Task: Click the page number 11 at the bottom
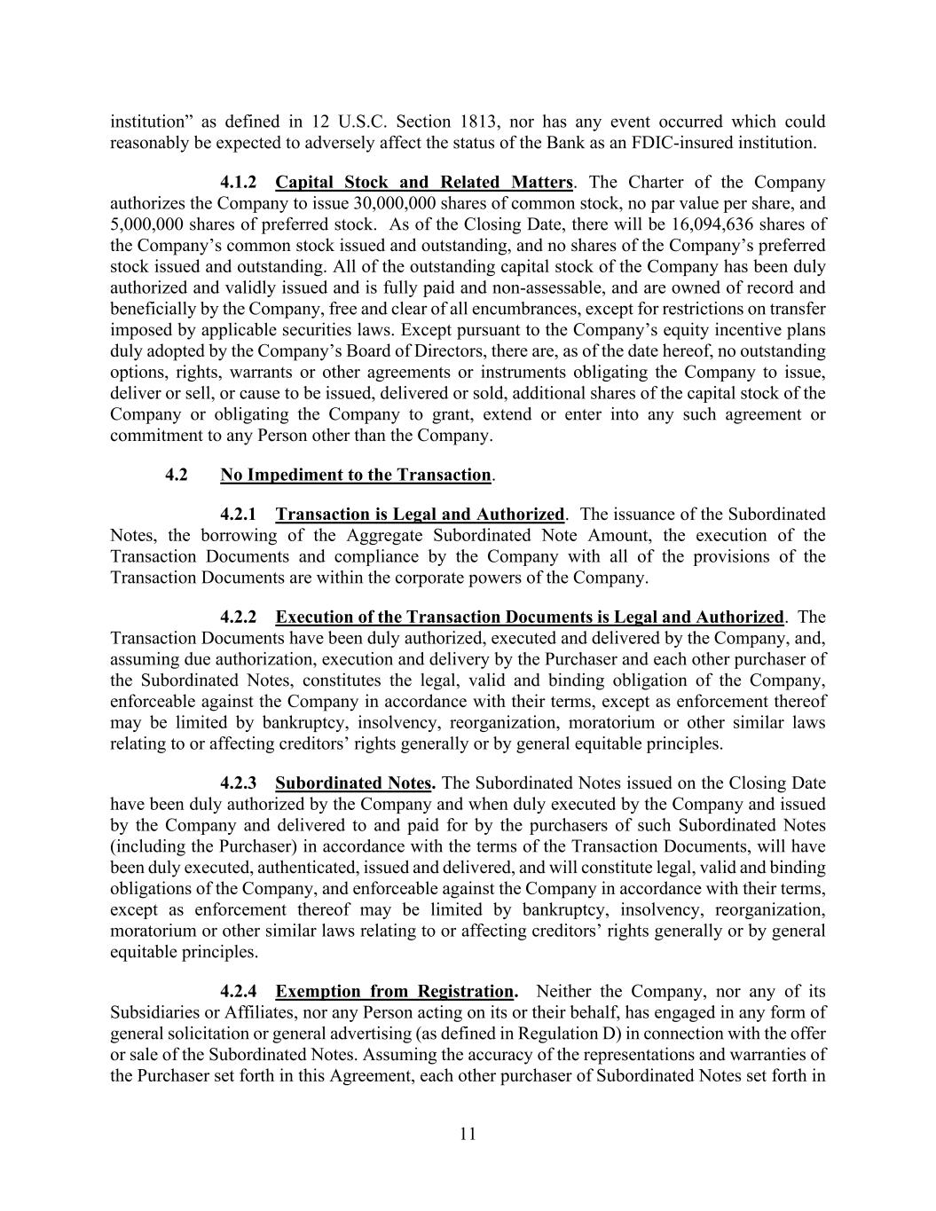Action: (468, 1134)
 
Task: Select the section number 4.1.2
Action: (238, 183)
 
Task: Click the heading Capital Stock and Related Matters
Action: (424, 183)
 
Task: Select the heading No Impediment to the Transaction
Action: (356, 476)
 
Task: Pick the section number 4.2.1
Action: (238, 515)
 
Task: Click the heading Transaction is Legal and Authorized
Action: (420, 515)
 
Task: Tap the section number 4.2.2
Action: (238, 617)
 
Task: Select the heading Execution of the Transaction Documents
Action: (530, 617)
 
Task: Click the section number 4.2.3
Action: (238, 783)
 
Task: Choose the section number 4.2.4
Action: (238, 992)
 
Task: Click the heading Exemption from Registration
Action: (395, 992)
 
